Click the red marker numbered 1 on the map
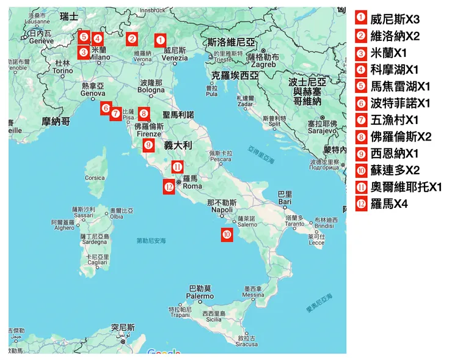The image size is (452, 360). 159,40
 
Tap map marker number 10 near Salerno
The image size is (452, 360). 227,233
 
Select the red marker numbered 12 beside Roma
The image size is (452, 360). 169,186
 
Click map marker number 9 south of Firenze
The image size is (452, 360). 148,145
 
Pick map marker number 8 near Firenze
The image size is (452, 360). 144,113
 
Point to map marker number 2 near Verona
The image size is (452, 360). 132,39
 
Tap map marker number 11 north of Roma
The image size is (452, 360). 177,166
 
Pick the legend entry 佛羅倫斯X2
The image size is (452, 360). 401,136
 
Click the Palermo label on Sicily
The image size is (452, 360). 200,295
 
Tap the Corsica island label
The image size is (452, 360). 95,178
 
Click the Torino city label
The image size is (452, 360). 62,71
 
